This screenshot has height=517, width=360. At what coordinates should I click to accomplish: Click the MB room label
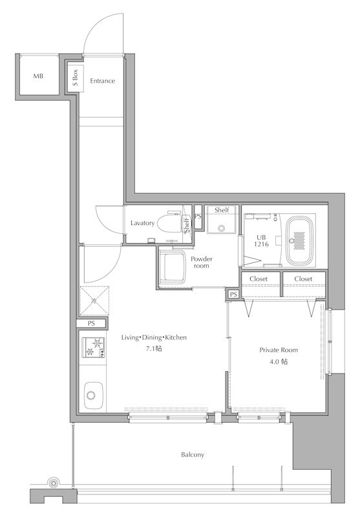pyautogui.click(x=38, y=76)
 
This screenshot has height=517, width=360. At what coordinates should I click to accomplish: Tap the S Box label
pyautogui.click(x=76, y=78)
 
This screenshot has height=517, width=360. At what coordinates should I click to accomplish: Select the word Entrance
pyautogui.click(x=103, y=81)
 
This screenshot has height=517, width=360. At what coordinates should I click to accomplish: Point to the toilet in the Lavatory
pyautogui.click(x=170, y=223)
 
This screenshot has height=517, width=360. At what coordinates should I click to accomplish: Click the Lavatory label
pyautogui.click(x=142, y=223)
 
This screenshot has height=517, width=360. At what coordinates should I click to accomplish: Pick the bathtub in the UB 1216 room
pyautogui.click(x=300, y=241)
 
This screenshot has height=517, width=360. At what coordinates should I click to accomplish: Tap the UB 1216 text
pyautogui.click(x=261, y=241)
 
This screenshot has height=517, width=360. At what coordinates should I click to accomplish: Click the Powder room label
pyautogui.click(x=202, y=262)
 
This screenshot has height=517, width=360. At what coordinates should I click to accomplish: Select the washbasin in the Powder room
pyautogui.click(x=172, y=267)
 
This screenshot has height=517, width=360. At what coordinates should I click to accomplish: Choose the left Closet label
pyautogui.click(x=259, y=279)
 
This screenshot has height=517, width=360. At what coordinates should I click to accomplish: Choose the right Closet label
pyautogui.click(x=303, y=279)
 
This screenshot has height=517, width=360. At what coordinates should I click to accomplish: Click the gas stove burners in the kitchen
pyautogui.click(x=93, y=348)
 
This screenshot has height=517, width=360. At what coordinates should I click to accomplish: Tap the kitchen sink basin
pyautogui.click(x=93, y=395)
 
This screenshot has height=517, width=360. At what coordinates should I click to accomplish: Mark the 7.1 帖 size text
pyautogui.click(x=154, y=348)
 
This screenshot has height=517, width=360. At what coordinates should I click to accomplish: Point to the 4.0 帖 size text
pyautogui.click(x=279, y=361)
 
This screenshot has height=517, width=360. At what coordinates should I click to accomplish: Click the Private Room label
pyautogui.click(x=279, y=350)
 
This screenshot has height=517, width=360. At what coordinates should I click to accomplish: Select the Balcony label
pyautogui.click(x=193, y=455)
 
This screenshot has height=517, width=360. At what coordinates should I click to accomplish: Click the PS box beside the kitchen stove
pyautogui.click(x=91, y=324)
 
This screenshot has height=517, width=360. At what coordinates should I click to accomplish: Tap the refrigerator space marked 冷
pyautogui.click(x=94, y=301)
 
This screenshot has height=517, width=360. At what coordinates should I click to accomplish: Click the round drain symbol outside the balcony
pyautogui.click(x=53, y=483)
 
